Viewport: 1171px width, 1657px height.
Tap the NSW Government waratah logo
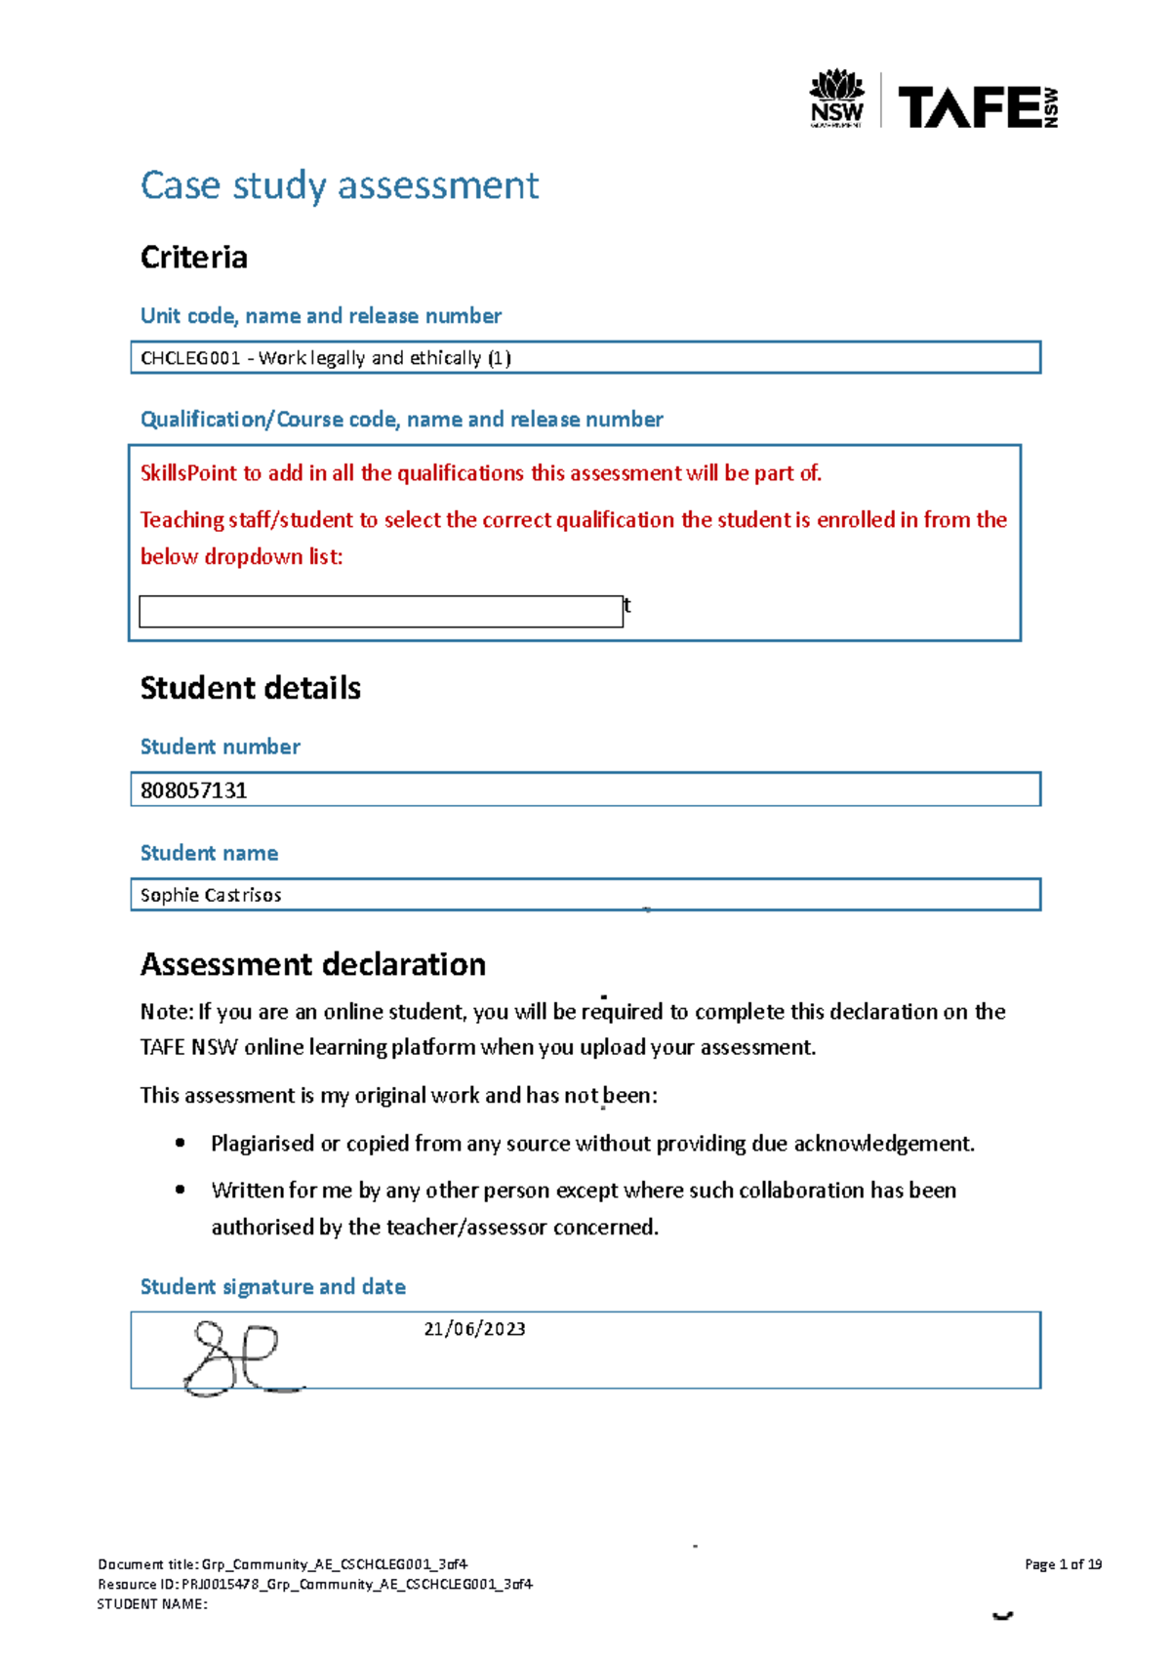(x=836, y=98)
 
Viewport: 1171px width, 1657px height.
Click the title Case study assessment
(x=339, y=185)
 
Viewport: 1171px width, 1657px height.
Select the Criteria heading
(x=193, y=258)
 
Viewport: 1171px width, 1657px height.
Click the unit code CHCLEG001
(x=189, y=358)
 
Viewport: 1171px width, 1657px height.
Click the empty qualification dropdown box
(x=381, y=611)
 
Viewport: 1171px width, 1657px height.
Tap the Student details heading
(x=250, y=688)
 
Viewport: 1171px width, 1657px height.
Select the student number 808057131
(x=193, y=790)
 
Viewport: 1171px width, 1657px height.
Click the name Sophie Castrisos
(x=211, y=895)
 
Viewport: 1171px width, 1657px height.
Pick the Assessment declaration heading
(x=312, y=964)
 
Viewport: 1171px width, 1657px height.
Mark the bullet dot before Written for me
(x=180, y=1190)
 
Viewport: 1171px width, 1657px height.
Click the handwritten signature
(x=239, y=1356)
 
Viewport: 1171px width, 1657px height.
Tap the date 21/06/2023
(x=474, y=1329)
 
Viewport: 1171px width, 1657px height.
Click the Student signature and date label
(x=272, y=1287)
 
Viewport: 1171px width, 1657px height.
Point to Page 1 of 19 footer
(x=1063, y=1564)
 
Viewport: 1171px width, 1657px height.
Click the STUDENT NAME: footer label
(x=152, y=1604)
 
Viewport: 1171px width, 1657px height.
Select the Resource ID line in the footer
(x=314, y=1584)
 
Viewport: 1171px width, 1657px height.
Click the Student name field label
(x=209, y=853)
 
